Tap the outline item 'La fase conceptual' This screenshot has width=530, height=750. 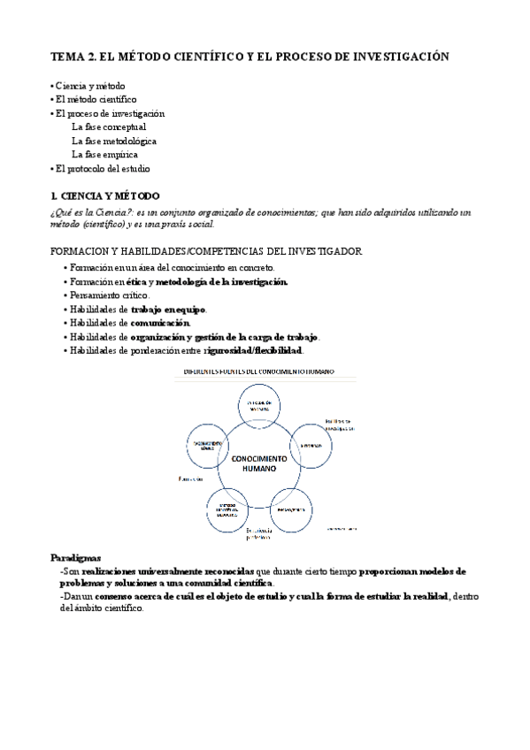tap(109, 126)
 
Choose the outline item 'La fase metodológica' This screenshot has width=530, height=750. tap(114, 141)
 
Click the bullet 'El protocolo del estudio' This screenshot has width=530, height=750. tap(102, 168)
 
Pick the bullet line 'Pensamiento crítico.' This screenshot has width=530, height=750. tap(111, 295)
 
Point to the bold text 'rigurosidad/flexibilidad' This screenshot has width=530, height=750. tap(253, 351)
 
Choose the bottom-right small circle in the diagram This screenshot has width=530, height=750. tap(292, 509)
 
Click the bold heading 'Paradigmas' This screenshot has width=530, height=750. tap(75, 559)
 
